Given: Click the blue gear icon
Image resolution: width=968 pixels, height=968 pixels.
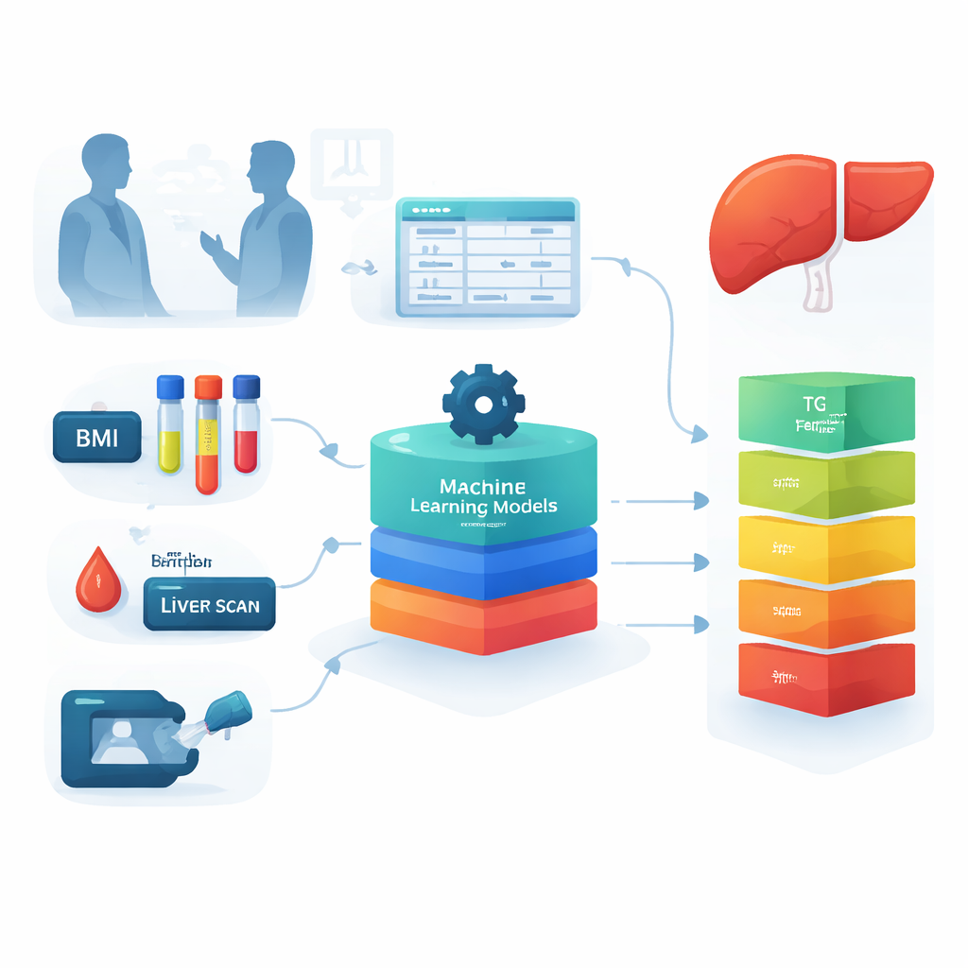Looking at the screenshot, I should point(483,405).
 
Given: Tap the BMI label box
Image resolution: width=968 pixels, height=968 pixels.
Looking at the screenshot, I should point(96,439).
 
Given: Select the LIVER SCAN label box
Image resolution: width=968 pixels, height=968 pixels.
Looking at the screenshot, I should point(209,604).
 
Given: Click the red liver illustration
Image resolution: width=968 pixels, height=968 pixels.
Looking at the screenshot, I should point(813,222).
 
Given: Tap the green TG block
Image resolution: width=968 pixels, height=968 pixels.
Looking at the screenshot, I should point(826,411).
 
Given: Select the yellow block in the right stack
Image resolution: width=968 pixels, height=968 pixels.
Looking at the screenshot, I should point(826,548).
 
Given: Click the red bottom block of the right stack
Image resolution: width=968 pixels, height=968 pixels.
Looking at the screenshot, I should point(826,678).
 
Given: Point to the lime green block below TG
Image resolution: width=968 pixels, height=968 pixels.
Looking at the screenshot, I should point(826,484).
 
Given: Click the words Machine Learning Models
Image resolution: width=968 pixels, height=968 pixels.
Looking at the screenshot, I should point(483,496).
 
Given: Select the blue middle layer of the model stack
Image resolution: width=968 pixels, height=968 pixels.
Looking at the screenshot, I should point(483,558).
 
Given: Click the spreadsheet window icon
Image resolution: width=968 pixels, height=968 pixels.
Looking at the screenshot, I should point(487,256).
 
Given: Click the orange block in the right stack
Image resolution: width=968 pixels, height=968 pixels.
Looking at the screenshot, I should point(826,613).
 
